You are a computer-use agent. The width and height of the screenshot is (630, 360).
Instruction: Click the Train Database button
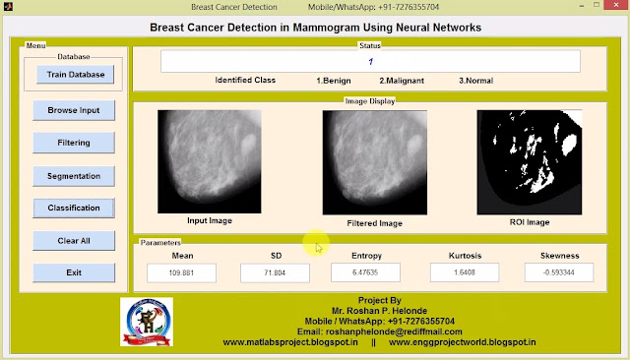click(x=74, y=74)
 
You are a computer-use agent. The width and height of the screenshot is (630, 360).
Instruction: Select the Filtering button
click(x=74, y=143)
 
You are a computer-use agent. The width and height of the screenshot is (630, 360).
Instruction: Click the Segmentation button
click(x=74, y=176)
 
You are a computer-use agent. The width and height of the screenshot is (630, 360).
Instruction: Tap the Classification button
click(x=74, y=208)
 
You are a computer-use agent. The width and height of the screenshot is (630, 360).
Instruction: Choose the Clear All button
click(x=74, y=240)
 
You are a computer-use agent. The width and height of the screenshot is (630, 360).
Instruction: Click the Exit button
click(x=74, y=271)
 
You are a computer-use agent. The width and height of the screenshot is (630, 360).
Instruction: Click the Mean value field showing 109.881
click(x=182, y=272)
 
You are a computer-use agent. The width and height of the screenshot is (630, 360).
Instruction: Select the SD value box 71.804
click(x=276, y=272)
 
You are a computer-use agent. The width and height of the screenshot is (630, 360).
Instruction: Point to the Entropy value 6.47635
click(x=366, y=272)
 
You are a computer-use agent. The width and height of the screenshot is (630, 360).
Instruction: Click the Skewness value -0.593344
click(x=559, y=272)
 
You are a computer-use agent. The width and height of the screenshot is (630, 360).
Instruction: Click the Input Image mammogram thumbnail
click(x=209, y=161)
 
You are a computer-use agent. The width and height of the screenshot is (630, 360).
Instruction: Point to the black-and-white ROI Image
click(x=517, y=162)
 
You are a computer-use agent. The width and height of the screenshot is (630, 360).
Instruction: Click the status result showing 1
click(x=370, y=61)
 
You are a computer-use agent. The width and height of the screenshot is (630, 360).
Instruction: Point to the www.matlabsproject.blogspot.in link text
click(x=292, y=342)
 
